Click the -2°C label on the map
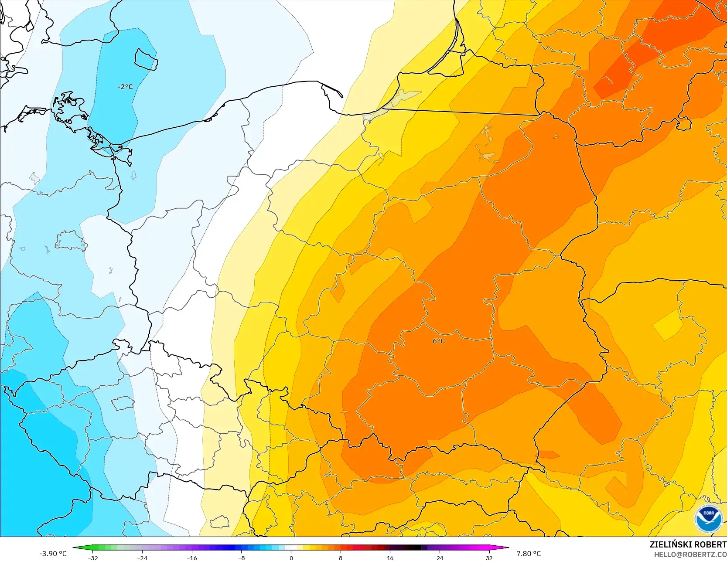click(125, 87)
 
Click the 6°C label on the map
click(439, 341)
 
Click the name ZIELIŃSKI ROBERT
click(688, 544)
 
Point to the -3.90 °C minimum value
click(53, 554)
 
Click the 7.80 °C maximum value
click(529, 554)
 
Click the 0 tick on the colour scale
click(291, 558)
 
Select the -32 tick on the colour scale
click(92, 558)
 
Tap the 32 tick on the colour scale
click(489, 558)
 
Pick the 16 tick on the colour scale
click(390, 558)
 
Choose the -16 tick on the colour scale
click(192, 558)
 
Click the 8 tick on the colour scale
click(341, 558)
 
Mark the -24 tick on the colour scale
click(142, 558)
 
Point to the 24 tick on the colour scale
click(440, 558)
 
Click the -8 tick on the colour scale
click(241, 558)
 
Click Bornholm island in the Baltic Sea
click(146, 59)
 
